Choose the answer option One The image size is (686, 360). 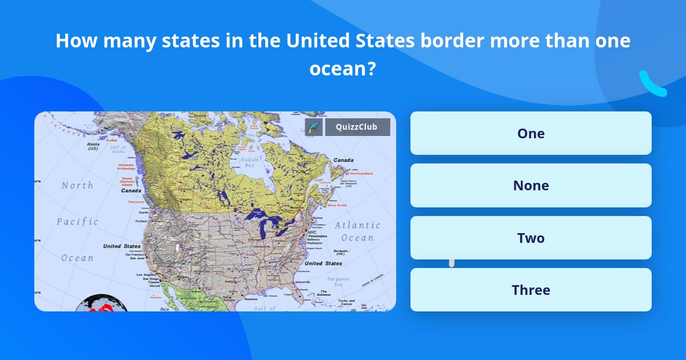coord(531,133)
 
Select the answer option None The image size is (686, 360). coord(531,186)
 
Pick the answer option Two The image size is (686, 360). coord(531,238)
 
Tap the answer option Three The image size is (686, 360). coord(531,290)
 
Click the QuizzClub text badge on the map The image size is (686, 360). coord(357,127)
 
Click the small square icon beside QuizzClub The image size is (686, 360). coord(314,127)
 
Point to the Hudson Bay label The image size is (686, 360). coord(250,162)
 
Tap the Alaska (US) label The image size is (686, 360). coord(93,146)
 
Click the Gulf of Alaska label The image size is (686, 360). coord(118,150)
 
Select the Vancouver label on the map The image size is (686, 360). coord(136,202)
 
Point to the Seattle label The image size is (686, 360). coord(142,212)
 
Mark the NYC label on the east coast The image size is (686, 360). coord(312,232)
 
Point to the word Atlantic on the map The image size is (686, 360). coord(357,225)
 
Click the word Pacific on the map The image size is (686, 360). coord(77,222)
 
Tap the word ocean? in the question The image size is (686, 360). coord(342,69)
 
